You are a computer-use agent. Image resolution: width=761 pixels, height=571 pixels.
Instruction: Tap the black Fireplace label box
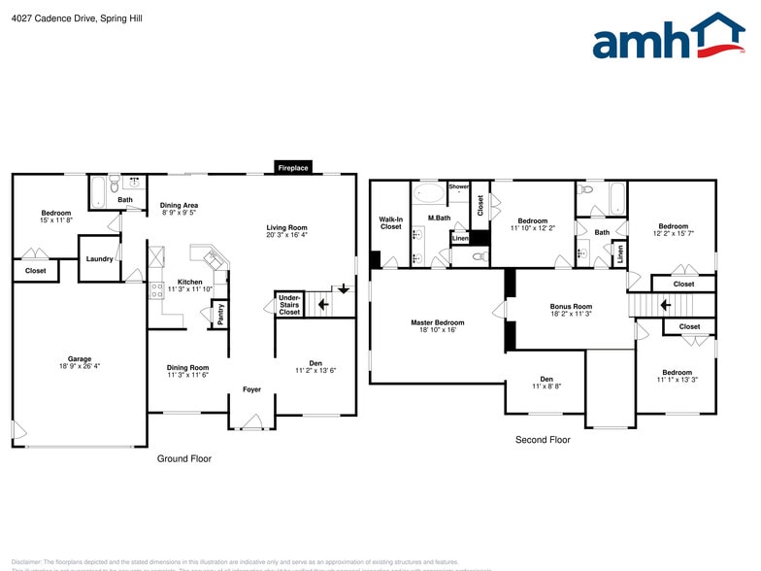(x=293, y=168)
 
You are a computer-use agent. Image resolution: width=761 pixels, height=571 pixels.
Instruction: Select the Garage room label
(x=79, y=358)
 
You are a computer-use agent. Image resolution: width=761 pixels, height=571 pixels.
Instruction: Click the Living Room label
(x=286, y=228)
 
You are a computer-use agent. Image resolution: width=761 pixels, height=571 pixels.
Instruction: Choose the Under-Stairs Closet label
(x=289, y=305)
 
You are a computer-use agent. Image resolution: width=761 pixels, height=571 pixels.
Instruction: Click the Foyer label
(x=251, y=389)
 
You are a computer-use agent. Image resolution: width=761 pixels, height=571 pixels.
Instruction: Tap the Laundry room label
(x=100, y=258)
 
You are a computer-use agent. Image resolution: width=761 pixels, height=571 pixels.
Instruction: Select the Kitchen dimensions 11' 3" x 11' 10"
(x=189, y=289)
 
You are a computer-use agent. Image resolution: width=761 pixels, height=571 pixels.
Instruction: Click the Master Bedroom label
(x=437, y=322)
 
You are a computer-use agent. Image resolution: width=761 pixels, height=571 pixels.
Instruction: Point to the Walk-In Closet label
(x=390, y=223)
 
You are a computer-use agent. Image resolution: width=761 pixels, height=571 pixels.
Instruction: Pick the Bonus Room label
(x=571, y=307)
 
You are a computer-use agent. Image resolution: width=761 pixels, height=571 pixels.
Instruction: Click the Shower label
(x=458, y=186)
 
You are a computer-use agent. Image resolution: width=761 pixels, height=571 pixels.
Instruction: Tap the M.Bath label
(x=439, y=218)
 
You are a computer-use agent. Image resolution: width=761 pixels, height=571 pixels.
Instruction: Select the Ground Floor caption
(x=184, y=458)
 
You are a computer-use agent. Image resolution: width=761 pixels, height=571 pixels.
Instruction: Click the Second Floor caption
(x=543, y=440)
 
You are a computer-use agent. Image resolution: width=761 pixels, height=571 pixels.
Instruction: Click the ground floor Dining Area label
(x=179, y=205)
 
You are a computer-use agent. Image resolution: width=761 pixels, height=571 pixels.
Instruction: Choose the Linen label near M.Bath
(x=459, y=237)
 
